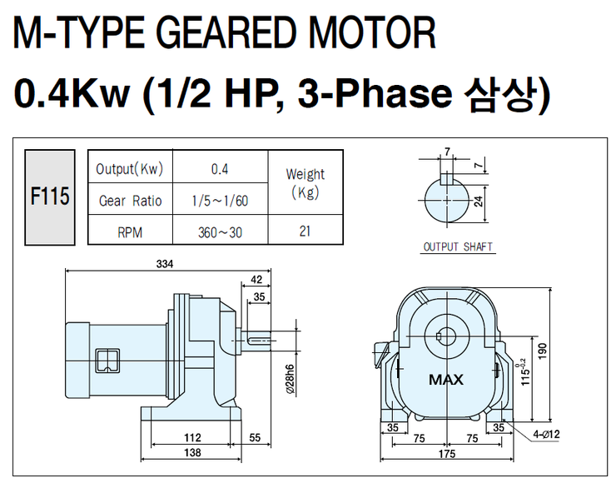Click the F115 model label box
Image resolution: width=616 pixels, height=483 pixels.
coord(49,197)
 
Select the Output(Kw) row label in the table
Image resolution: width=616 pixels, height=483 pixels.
coord(129,169)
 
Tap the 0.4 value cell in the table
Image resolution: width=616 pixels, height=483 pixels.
coord(220,169)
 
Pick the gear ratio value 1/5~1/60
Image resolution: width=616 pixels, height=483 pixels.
coord(220,201)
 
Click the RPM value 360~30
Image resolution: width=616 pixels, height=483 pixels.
coord(220,232)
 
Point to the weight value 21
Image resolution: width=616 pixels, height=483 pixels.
coord(305,231)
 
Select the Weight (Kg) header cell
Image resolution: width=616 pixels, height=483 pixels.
coord(305,183)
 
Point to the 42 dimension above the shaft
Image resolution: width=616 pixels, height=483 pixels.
coord(256,280)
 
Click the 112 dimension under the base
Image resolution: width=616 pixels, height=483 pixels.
coord(193,436)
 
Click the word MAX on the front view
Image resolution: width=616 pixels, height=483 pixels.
coord(447,381)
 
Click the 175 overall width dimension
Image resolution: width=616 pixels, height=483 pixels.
coord(446,454)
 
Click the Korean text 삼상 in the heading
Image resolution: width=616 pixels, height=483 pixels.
coord(499,95)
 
